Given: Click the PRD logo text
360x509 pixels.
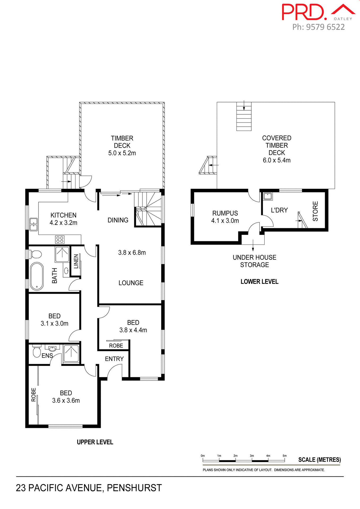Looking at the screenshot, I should (x=304, y=12).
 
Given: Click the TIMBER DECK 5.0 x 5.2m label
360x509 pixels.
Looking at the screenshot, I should (x=122, y=146).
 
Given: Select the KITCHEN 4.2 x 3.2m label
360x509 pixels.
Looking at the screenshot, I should (x=63, y=219).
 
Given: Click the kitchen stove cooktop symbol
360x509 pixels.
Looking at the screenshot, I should (x=60, y=240).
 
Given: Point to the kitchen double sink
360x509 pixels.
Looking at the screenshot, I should (x=33, y=224).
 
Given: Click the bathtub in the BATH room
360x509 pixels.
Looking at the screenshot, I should (x=37, y=276).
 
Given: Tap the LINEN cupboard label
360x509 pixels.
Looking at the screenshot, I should (x=76, y=261).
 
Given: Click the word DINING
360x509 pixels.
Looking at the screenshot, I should (x=118, y=220).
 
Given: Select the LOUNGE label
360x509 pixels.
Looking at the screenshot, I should (x=131, y=283).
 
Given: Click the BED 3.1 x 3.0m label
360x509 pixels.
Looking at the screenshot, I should (x=54, y=320).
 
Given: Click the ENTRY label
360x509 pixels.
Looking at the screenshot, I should (x=114, y=359).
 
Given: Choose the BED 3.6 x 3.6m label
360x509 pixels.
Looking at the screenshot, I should (x=66, y=397).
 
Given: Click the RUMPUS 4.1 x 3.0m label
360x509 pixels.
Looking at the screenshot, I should (x=225, y=217).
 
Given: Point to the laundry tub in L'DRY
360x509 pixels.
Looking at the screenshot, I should (x=268, y=196).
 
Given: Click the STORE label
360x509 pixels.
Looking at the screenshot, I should (x=315, y=211).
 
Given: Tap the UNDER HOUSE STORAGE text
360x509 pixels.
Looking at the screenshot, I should (x=254, y=261).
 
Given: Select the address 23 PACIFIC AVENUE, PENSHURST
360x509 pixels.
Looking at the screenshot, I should (x=89, y=488).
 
